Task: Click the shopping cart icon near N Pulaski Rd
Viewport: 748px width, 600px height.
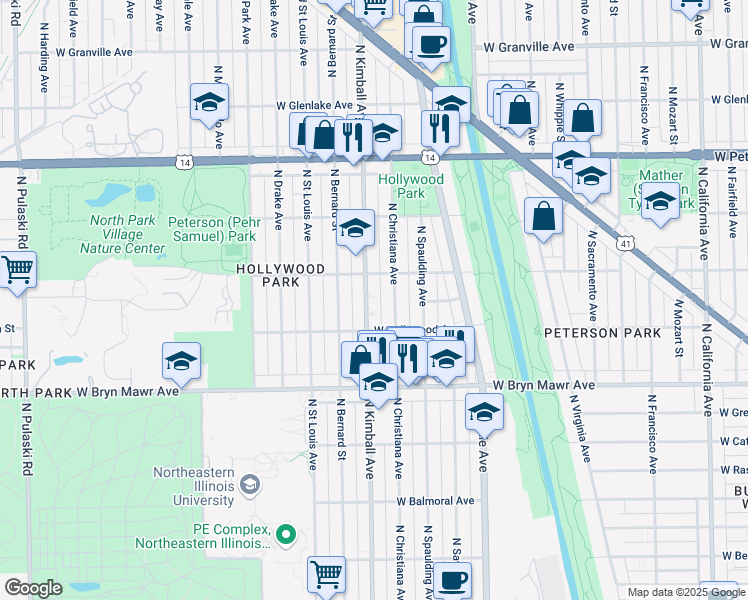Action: point(16,269)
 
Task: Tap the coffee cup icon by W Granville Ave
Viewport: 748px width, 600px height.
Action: point(430,44)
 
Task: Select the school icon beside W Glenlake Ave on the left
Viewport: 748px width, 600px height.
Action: point(210,101)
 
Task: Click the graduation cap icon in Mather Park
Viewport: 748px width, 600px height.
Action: point(659,203)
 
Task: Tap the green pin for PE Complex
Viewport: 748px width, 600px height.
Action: point(286,535)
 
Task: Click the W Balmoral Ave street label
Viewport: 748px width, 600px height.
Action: point(435,501)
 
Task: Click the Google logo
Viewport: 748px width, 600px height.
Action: point(33,588)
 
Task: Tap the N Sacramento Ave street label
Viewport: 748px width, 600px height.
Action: point(592,268)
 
